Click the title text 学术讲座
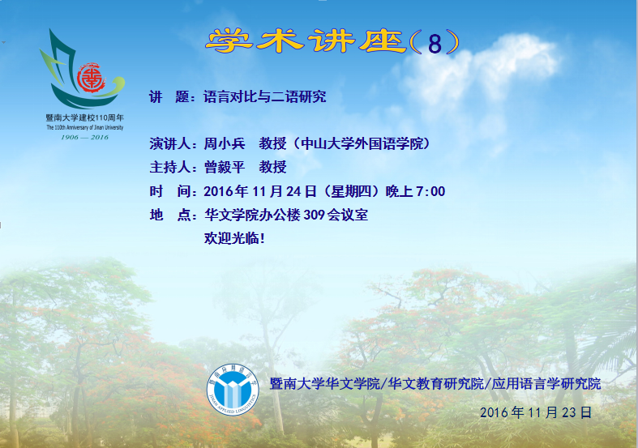coord(306,41)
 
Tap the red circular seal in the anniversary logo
coord(91,78)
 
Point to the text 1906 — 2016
coord(84,138)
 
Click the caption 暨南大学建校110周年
coord(84,118)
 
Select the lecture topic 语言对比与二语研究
coord(265,96)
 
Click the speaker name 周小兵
coord(225,143)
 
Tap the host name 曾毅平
coord(225,167)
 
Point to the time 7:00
coord(430,191)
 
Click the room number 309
coord(314,215)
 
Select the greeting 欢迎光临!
coord(234,238)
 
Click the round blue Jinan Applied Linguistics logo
coord(233,390)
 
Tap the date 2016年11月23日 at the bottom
coord(536,412)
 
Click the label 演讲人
coord(169,143)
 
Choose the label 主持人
coord(169,167)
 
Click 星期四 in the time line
coord(351,191)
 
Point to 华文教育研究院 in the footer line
coord(436,383)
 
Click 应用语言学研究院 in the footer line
coord(546,383)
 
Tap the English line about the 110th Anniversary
coord(84,128)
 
